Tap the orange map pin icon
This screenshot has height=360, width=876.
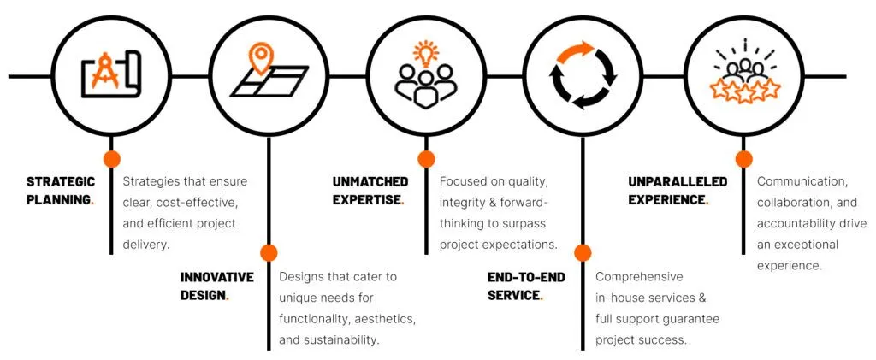point(260,57)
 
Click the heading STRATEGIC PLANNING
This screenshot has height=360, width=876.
point(60,190)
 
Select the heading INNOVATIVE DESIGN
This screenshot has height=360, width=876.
point(216,286)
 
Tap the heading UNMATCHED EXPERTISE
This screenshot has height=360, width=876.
point(370,190)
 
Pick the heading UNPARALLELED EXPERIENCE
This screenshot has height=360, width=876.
point(677,190)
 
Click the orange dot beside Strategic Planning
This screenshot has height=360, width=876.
point(111,158)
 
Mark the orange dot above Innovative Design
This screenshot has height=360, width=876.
point(269,252)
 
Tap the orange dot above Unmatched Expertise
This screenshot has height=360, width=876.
point(426,158)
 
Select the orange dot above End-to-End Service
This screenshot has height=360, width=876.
point(583,252)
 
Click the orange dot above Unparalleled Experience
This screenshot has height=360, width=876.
point(743,158)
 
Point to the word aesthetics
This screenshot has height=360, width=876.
point(379,319)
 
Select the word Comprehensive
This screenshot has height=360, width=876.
point(639,277)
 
